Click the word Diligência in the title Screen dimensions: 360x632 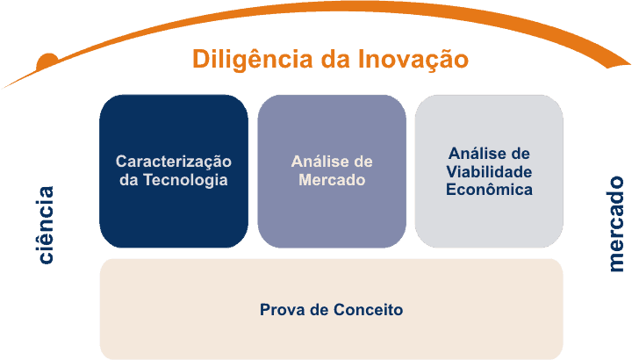pyautogui.click(x=249, y=60)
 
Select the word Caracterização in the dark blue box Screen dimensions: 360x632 pyautogui.click(x=174, y=162)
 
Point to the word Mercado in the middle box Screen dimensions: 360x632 pyautogui.click(x=332, y=180)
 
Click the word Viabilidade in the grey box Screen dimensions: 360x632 pyautogui.click(x=489, y=170)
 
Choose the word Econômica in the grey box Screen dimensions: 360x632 pyautogui.click(x=489, y=189)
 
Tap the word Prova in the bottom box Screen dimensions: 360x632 pyautogui.click(x=279, y=310)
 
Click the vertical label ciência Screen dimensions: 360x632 pyautogui.click(x=45, y=225)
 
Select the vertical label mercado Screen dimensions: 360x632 pyautogui.click(x=616, y=225)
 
